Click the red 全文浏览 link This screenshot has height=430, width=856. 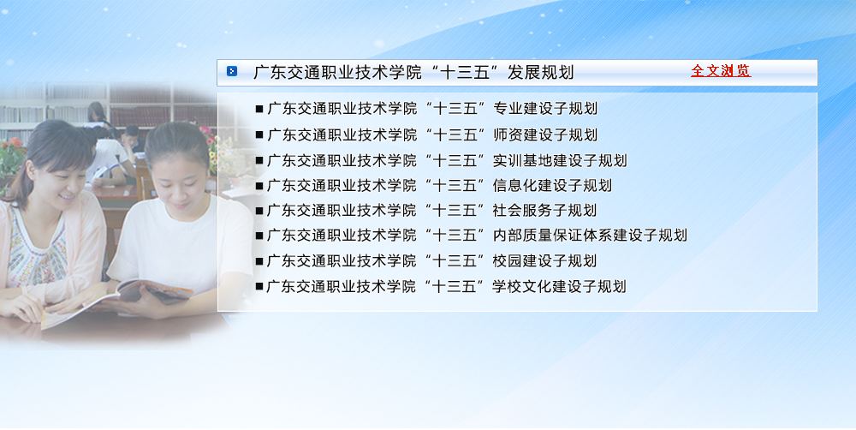[x=721, y=71]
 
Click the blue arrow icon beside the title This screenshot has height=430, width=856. [x=232, y=71]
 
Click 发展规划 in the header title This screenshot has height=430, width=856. [x=540, y=72]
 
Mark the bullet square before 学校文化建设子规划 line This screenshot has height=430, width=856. [x=259, y=286]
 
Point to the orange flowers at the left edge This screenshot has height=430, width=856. [x=11, y=150]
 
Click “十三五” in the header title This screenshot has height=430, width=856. [x=459, y=72]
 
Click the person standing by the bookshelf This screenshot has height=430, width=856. [x=98, y=114]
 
